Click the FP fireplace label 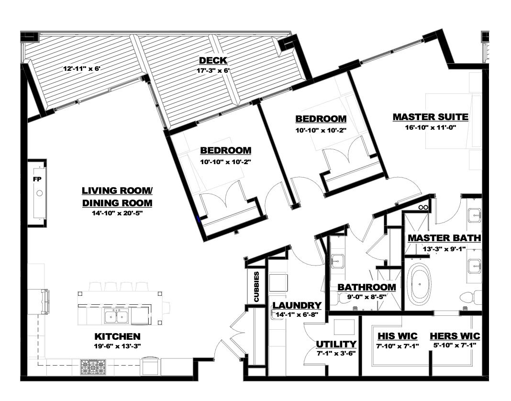click(x=37, y=179)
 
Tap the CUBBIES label click(x=257, y=287)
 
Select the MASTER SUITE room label click(x=430, y=117)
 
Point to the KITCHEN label click(x=117, y=336)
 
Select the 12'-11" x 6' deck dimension click(x=83, y=69)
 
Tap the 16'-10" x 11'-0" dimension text click(x=430, y=127)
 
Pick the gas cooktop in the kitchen click(x=93, y=367)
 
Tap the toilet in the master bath click(x=470, y=297)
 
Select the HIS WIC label click(x=397, y=336)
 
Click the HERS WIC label click(x=455, y=336)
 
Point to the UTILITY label click(x=336, y=344)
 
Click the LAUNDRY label click(x=297, y=305)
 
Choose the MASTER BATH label click(x=444, y=238)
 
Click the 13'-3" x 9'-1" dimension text click(x=444, y=249)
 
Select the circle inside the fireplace click(x=39, y=193)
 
